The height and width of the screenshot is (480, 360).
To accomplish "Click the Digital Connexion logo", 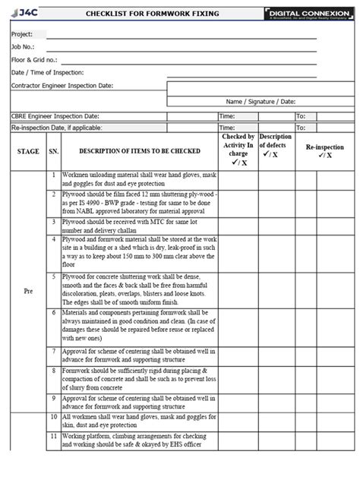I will pyautogui.click(x=309, y=14).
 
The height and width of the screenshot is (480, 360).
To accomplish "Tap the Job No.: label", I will pyautogui.click(x=24, y=47).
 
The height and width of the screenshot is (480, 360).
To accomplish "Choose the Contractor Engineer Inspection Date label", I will pyautogui.click(x=62, y=86).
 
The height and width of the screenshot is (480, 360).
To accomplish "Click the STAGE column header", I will pyautogui.click(x=28, y=152).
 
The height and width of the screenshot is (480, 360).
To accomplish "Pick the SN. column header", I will pyautogui.click(x=53, y=152).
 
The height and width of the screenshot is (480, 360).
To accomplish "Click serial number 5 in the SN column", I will pyautogui.click(x=53, y=278).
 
